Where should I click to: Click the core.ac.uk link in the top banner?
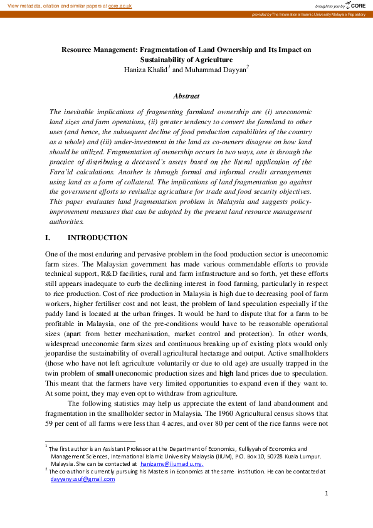[x=120, y=5]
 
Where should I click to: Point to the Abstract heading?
[x=186, y=96]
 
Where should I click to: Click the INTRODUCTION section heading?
[x=97, y=238]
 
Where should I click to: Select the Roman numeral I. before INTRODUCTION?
[x=48, y=238]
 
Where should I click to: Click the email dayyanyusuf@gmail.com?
[x=83, y=479]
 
